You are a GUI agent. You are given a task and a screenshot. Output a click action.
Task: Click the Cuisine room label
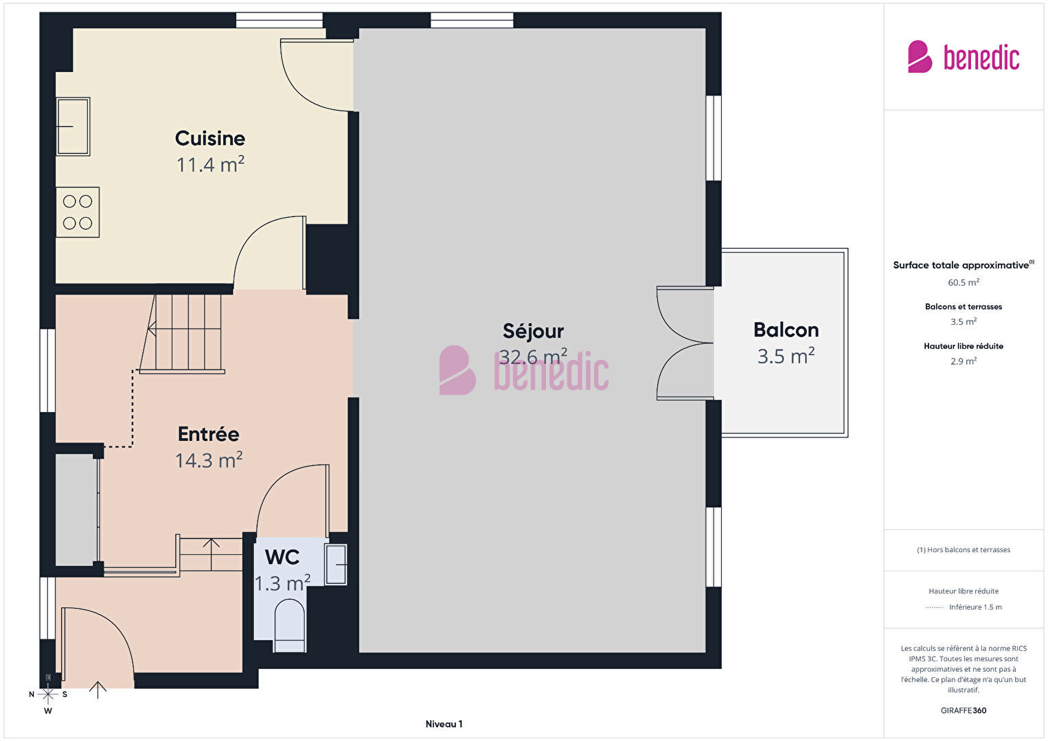pos(210,139)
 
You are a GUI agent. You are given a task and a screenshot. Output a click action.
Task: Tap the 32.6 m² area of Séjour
pos(534,357)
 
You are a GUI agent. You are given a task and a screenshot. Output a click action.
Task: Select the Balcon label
pos(786,330)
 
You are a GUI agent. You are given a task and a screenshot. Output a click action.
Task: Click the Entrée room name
pos(209,434)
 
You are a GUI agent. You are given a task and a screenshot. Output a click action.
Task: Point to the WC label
pos(282,557)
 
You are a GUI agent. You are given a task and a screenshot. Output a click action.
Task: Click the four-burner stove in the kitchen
pos(78,212)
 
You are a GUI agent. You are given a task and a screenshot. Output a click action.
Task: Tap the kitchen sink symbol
pos(73,126)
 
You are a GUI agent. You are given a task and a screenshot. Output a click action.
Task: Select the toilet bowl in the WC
pos(290,626)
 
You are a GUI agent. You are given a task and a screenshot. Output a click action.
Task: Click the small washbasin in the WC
pos(336,565)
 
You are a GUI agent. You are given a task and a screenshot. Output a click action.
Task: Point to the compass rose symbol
pos(47,695)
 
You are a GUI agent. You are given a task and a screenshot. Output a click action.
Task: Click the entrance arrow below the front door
pos(98,690)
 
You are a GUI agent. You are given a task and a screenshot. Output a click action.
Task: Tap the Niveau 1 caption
pos(444,724)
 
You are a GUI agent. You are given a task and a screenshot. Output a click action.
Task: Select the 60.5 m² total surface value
pos(964,282)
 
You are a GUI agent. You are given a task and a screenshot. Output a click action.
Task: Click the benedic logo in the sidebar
pos(964,57)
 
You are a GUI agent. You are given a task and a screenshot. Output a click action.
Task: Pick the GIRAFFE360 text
pos(964,710)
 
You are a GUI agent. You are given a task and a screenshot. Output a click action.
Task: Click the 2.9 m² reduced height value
pos(964,361)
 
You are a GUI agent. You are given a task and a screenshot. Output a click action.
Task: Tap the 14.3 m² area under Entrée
pos(209,460)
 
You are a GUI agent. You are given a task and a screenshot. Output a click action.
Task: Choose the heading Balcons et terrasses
pos(964,307)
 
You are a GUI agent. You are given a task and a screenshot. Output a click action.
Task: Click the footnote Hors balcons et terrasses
pos(964,549)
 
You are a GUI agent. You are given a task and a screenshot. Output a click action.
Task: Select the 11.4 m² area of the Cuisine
pos(210,165)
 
